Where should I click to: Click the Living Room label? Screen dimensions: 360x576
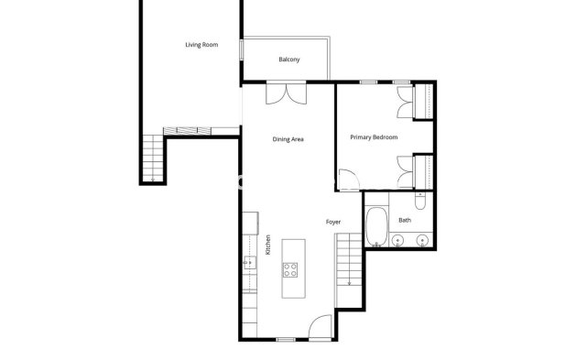tap(201, 44)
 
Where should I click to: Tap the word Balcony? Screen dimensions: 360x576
tap(288, 60)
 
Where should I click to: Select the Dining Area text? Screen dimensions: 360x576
tap(288, 139)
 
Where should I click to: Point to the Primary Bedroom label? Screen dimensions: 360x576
tap(374, 137)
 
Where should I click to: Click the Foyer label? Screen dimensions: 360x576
tap(334, 222)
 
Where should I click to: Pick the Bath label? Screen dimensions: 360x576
tap(404, 220)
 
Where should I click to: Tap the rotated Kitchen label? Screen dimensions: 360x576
tap(267, 245)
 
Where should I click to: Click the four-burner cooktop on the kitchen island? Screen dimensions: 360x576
tap(290, 268)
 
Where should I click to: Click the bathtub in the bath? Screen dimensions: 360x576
tap(375, 227)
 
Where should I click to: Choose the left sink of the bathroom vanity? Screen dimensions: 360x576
tap(397, 241)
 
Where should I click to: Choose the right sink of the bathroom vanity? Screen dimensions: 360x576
tap(421, 241)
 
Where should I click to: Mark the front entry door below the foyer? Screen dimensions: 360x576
tap(321, 327)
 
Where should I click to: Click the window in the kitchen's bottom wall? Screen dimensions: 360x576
tap(286, 339)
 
